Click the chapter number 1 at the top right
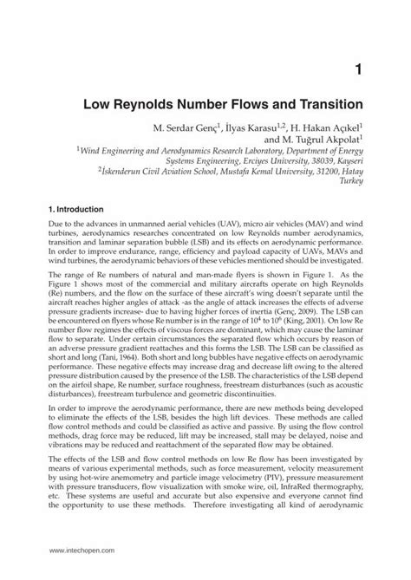click(x=357, y=68)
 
